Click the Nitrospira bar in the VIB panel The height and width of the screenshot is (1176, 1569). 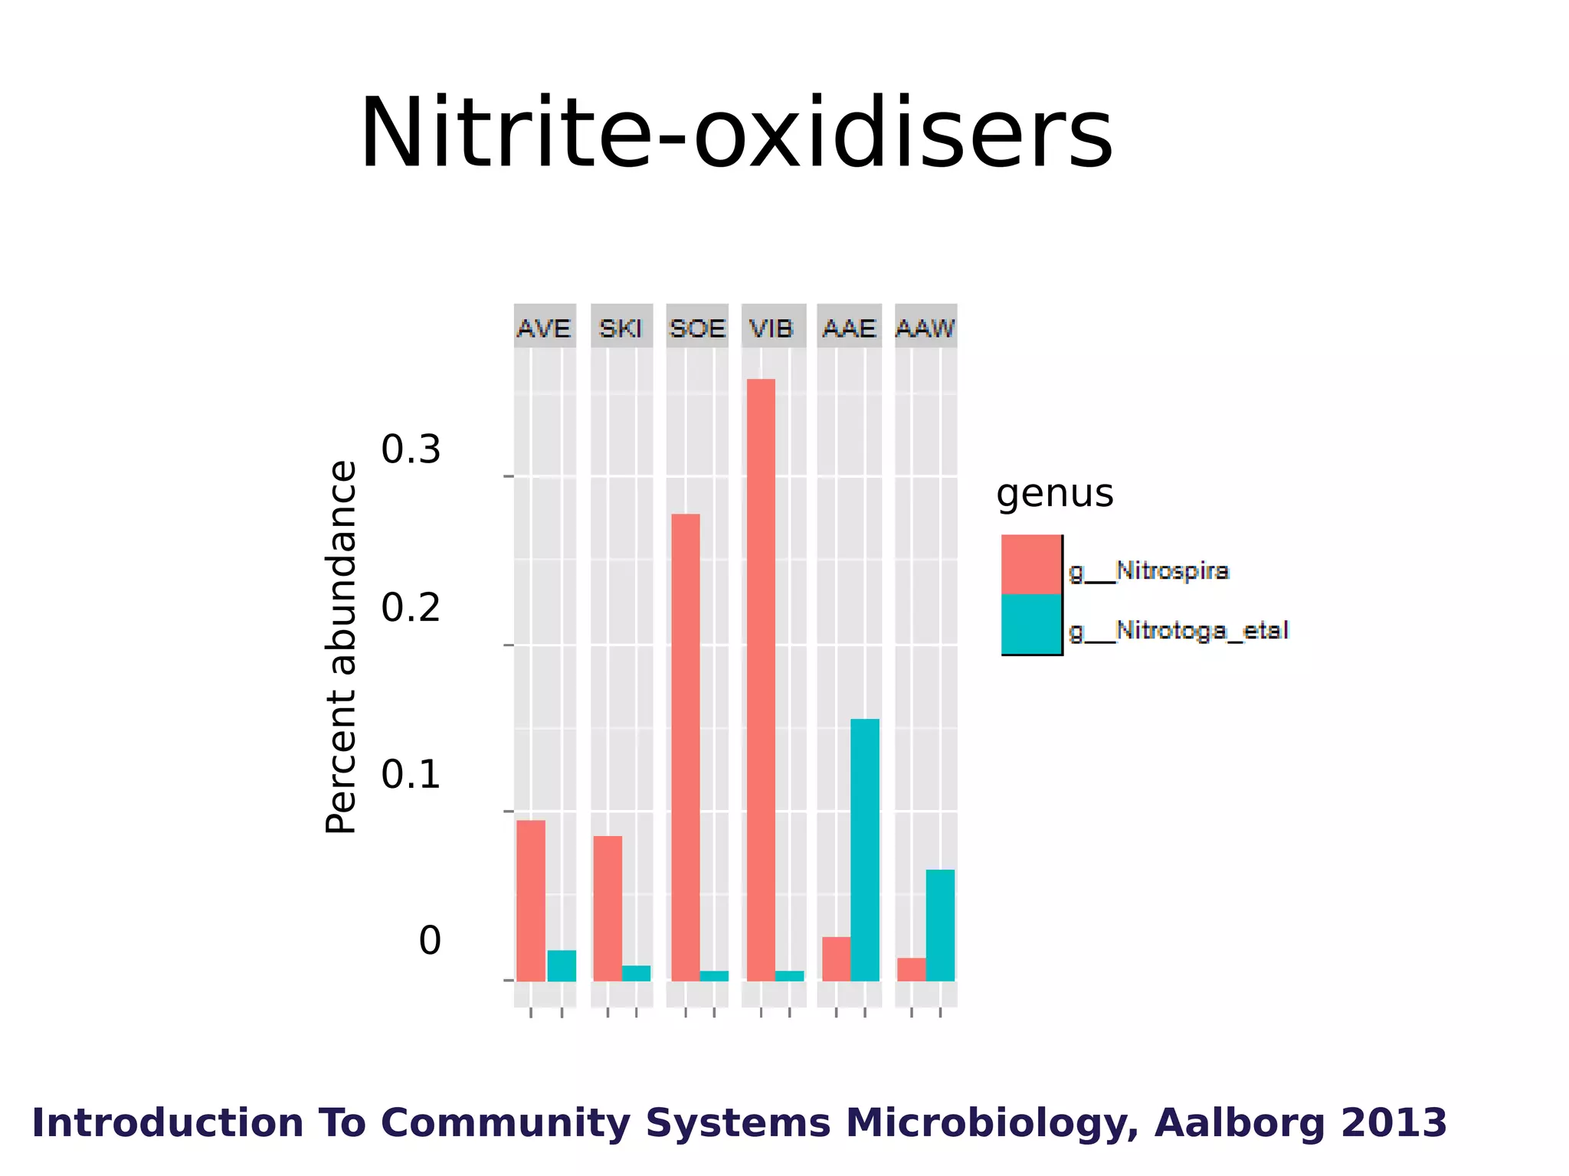click(x=761, y=680)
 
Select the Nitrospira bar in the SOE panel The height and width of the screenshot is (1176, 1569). click(x=686, y=747)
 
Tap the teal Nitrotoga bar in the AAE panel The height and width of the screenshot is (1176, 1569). click(x=865, y=850)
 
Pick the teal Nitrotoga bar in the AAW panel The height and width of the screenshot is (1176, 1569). click(x=940, y=925)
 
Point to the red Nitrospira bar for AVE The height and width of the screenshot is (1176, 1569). click(x=531, y=900)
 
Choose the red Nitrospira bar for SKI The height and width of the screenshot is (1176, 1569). click(x=608, y=908)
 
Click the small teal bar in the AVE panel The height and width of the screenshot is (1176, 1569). click(x=562, y=965)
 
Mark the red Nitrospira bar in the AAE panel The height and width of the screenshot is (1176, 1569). click(x=836, y=959)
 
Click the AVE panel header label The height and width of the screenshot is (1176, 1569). click(x=544, y=328)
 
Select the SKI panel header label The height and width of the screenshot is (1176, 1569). click(x=621, y=328)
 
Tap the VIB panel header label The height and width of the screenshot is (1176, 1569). click(x=771, y=328)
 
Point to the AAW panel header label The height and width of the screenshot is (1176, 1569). click(x=925, y=328)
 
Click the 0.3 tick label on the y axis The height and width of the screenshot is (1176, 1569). click(x=411, y=449)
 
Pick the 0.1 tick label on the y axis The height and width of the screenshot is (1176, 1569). click(x=411, y=774)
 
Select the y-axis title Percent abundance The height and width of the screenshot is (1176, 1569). click(x=341, y=647)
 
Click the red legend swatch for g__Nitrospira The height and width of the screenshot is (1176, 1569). click(x=1031, y=564)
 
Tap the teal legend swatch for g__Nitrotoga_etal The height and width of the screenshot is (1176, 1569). click(x=1031, y=624)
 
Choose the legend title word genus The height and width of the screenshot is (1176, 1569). click(x=1054, y=494)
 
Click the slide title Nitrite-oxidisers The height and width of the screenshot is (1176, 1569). click(x=735, y=133)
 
